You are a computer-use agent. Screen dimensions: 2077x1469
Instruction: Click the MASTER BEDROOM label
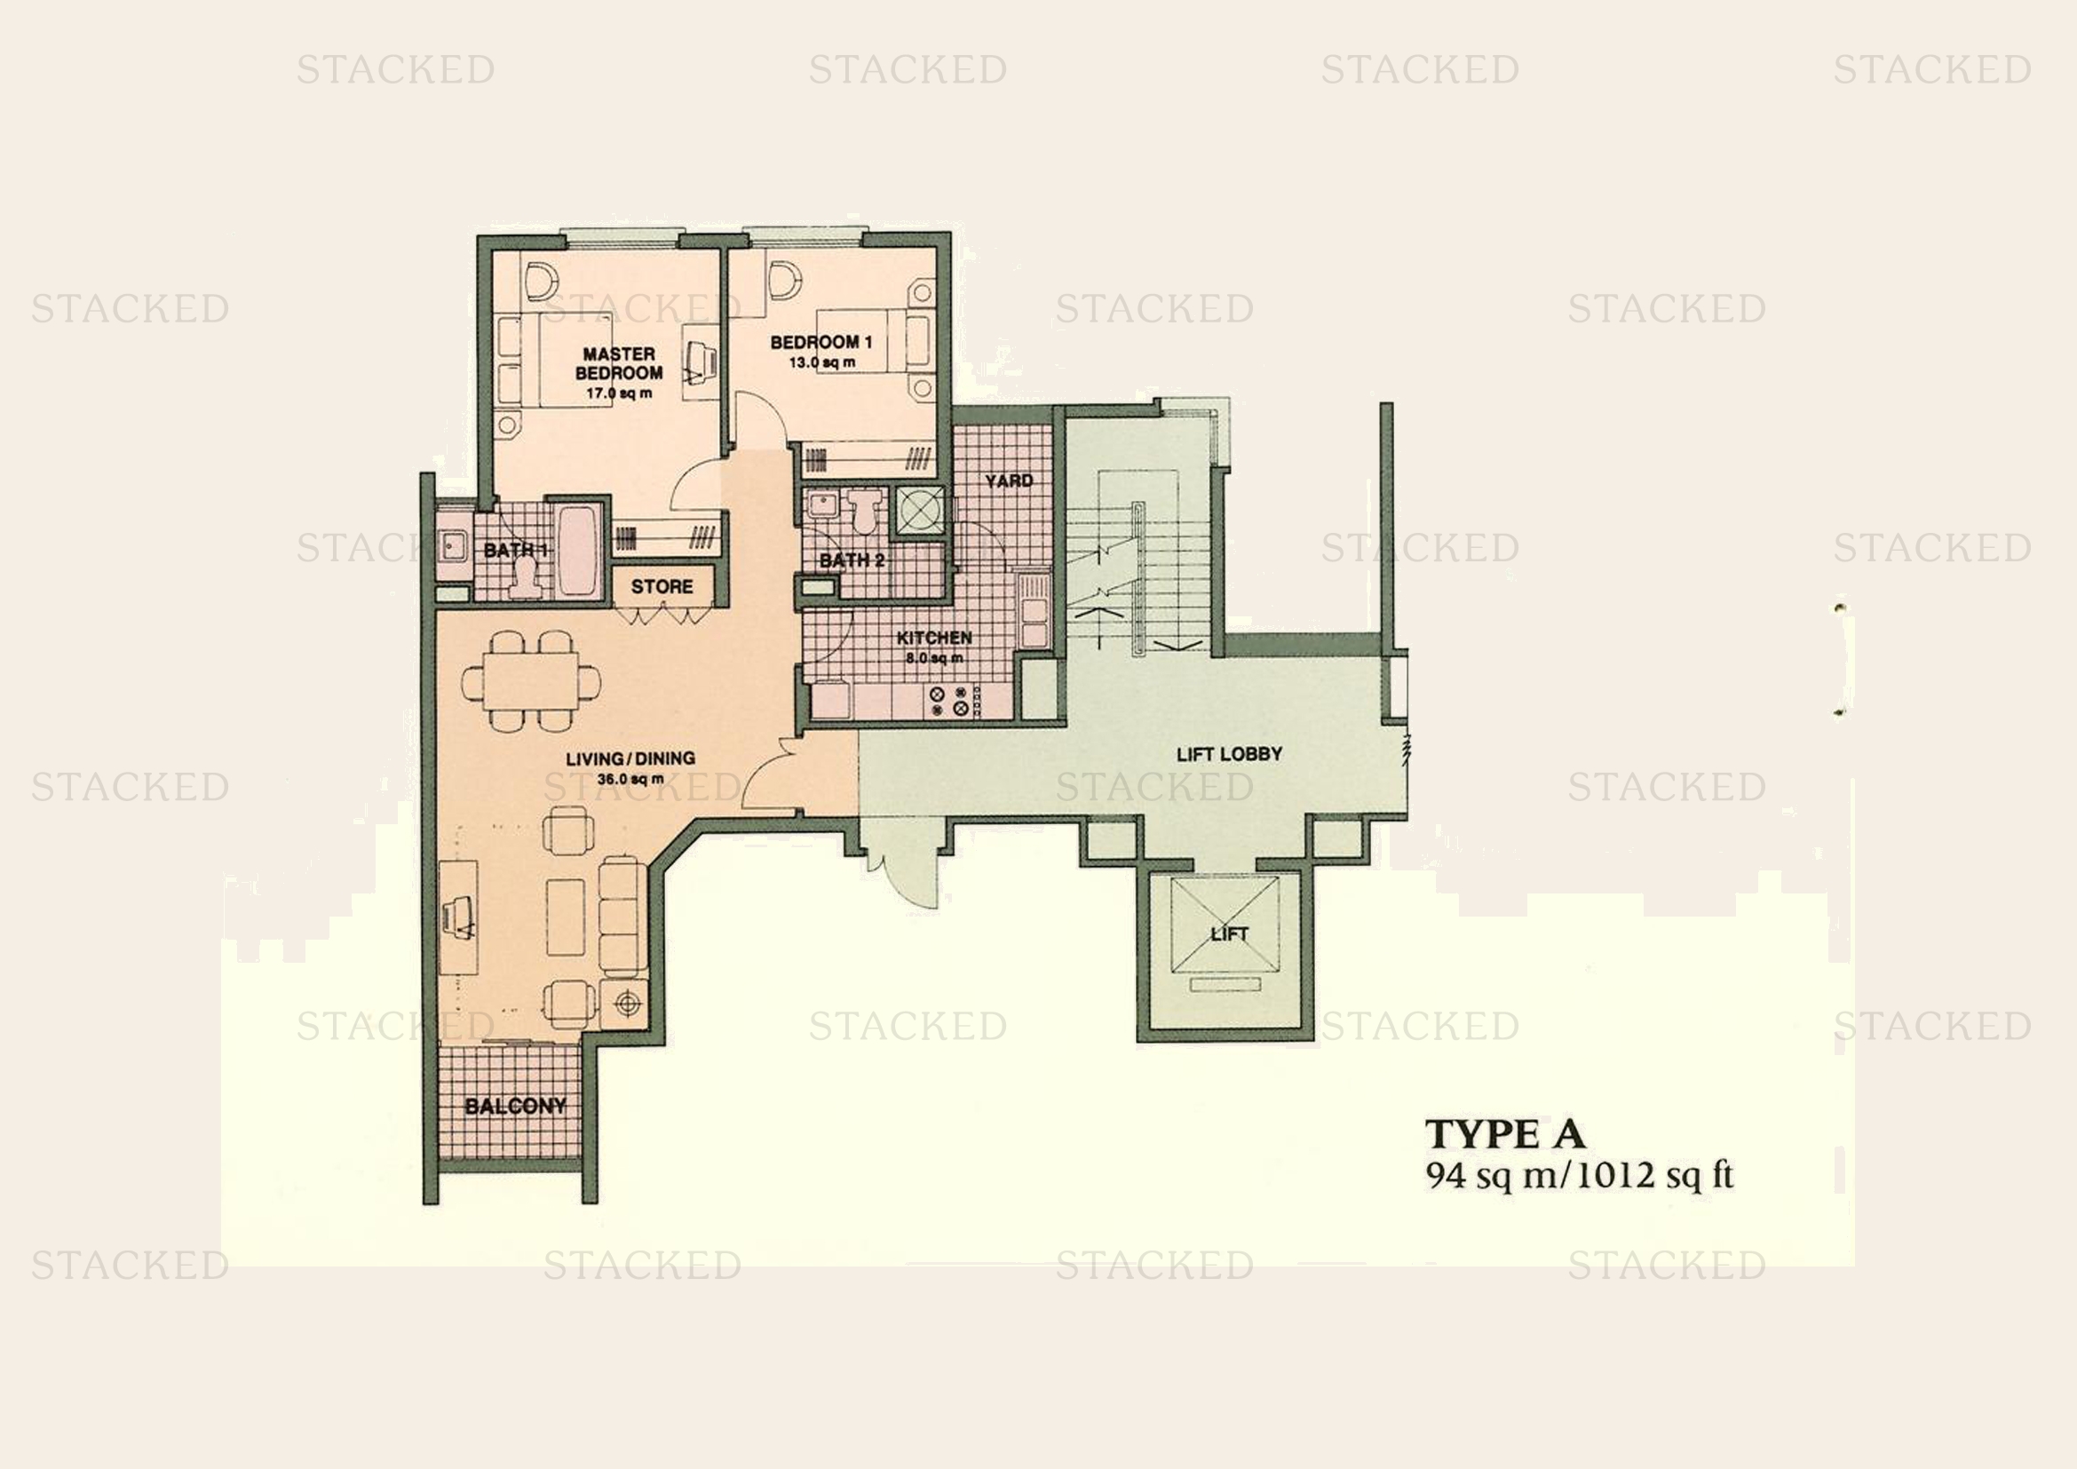coord(619,362)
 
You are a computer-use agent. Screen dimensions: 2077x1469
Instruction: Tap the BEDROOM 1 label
coord(820,342)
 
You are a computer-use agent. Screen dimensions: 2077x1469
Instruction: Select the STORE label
coord(662,586)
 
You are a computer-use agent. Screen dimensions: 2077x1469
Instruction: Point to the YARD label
coord(1009,480)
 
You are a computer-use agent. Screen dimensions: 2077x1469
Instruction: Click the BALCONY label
coord(516,1106)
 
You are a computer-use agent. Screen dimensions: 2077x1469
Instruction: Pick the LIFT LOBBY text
coord(1229,753)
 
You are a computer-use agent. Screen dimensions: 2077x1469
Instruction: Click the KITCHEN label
coord(934,638)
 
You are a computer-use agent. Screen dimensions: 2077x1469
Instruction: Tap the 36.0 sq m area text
coord(630,779)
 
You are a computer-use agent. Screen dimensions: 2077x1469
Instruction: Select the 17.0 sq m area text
coord(619,393)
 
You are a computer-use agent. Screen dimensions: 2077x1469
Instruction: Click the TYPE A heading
coord(1505,1133)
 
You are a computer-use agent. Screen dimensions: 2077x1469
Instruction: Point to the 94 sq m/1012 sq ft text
coord(1580,1175)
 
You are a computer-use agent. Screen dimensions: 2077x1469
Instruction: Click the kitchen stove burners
coord(949,701)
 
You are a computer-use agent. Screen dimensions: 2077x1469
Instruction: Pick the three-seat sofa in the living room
coord(622,916)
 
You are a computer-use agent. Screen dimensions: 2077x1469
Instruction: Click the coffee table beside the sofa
coord(566,916)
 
